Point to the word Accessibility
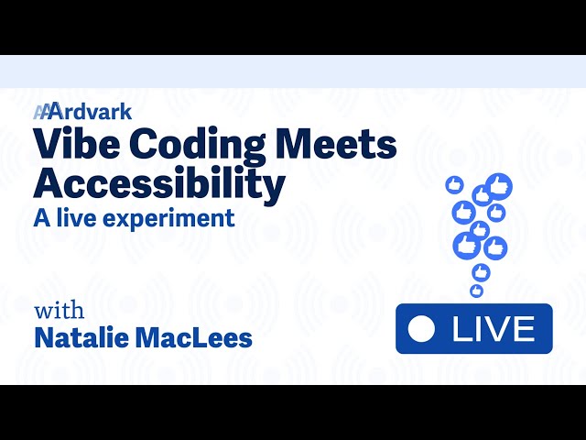(158, 184)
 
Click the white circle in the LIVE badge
(420, 329)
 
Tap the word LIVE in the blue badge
(492, 329)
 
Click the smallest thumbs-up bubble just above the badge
(476, 291)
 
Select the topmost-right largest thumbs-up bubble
(498, 186)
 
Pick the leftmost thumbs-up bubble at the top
(452, 185)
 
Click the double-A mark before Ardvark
(43, 112)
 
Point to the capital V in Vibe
(48, 147)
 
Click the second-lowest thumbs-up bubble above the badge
(481, 271)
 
